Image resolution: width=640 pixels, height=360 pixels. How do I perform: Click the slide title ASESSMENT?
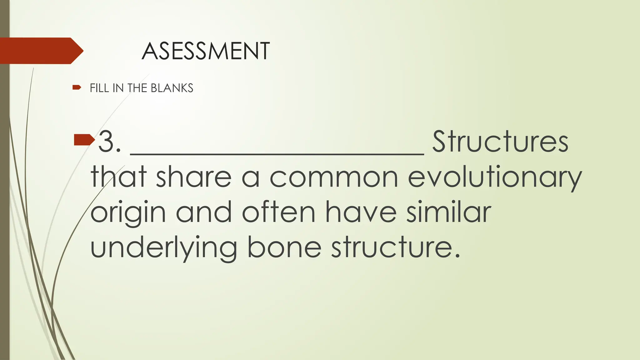pyautogui.click(x=206, y=51)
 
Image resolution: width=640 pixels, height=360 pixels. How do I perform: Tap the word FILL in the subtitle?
pyautogui.click(x=99, y=88)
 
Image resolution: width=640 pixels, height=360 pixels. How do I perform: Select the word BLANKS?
pyautogui.click(x=172, y=88)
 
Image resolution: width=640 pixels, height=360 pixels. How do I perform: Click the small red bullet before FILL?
pyautogui.click(x=77, y=87)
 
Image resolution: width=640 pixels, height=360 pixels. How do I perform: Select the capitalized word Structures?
pyautogui.click(x=500, y=142)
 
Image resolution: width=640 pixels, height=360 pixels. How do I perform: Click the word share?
pyautogui.click(x=193, y=177)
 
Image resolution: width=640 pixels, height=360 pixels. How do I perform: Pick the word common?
pyautogui.click(x=334, y=177)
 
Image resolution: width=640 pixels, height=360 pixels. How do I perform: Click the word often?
pyautogui.click(x=278, y=212)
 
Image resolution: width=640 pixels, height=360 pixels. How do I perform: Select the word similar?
pyautogui.click(x=449, y=212)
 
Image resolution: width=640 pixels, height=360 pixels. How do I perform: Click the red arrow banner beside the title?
pyautogui.click(x=41, y=51)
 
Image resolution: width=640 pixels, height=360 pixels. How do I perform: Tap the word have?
pyautogui.click(x=361, y=212)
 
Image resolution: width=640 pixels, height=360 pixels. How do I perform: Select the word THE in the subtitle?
pyautogui.click(x=137, y=88)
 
